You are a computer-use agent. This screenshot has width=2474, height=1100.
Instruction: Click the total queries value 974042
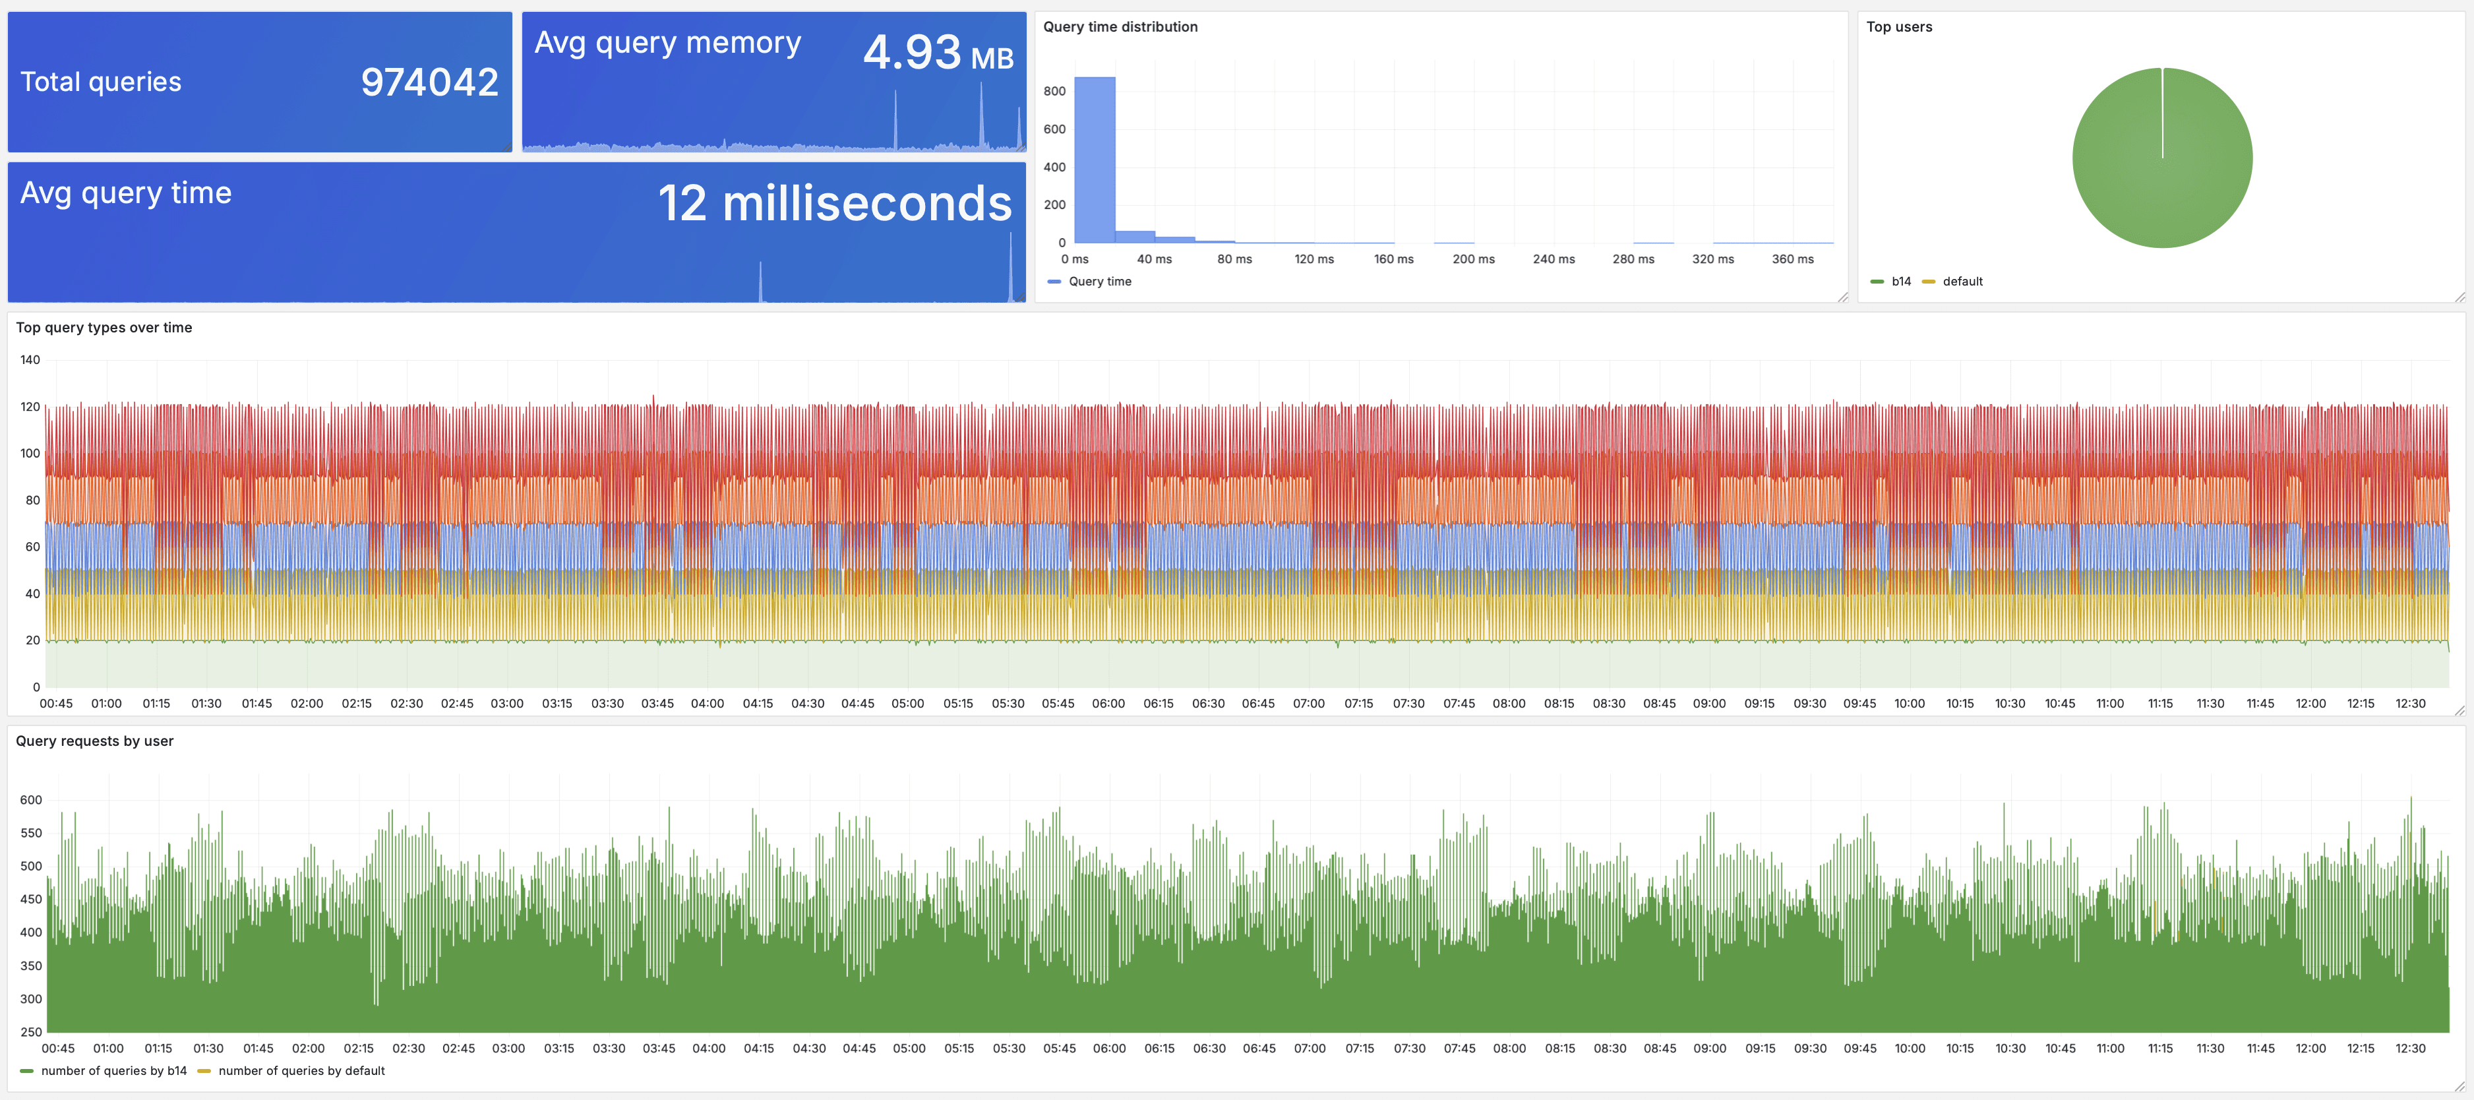pyautogui.click(x=429, y=82)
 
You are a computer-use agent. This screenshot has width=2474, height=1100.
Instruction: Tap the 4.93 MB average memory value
pyautogui.click(x=938, y=53)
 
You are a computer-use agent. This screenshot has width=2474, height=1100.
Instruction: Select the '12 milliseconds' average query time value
pyautogui.click(x=833, y=204)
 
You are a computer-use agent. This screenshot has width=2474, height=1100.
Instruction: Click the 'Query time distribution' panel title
pyautogui.click(x=1120, y=27)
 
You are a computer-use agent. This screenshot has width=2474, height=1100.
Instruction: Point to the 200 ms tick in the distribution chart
pyautogui.click(x=1472, y=259)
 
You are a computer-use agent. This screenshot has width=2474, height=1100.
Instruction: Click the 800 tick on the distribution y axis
pyautogui.click(x=1054, y=91)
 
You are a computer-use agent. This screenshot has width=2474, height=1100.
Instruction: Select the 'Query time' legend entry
pyautogui.click(x=1099, y=282)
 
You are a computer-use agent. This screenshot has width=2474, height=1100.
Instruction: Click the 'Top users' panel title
pyautogui.click(x=1899, y=27)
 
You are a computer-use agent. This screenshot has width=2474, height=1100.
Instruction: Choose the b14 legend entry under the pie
pyautogui.click(x=1900, y=282)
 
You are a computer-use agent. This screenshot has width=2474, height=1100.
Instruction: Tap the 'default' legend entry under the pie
pyautogui.click(x=1961, y=282)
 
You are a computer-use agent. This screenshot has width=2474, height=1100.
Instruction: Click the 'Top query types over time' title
pyautogui.click(x=104, y=328)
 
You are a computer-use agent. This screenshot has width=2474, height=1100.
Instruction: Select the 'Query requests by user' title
pyautogui.click(x=94, y=741)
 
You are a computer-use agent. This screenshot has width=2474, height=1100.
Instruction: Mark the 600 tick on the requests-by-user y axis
pyautogui.click(x=31, y=800)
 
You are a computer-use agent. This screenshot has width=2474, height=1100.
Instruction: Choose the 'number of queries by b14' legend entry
pyautogui.click(x=112, y=1071)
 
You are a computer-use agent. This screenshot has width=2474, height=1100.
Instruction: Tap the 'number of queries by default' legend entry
pyautogui.click(x=301, y=1071)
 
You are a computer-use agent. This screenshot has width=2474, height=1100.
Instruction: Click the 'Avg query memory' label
pyautogui.click(x=667, y=44)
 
